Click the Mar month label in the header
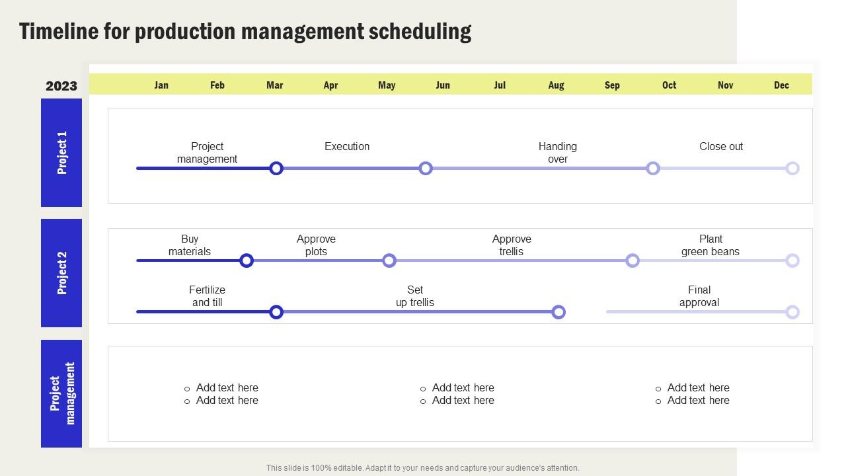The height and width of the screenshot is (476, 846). (x=274, y=85)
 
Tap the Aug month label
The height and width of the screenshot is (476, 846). (x=556, y=85)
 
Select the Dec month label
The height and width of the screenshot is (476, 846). (x=781, y=85)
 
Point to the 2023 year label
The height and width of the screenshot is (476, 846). (x=61, y=86)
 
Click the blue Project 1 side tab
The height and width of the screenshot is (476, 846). (x=61, y=153)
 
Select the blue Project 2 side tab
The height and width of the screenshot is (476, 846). (x=61, y=273)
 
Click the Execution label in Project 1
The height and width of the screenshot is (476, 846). (x=347, y=146)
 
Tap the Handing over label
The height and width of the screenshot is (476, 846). (x=557, y=153)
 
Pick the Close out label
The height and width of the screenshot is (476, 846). (x=721, y=146)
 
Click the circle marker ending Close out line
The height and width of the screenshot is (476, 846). (x=792, y=169)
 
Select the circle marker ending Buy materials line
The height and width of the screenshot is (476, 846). (x=247, y=260)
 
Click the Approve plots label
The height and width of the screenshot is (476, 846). (x=316, y=245)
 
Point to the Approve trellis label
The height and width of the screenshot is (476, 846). (x=512, y=245)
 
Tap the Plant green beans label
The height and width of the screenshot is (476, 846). (x=711, y=245)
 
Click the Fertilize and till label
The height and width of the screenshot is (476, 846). (x=207, y=296)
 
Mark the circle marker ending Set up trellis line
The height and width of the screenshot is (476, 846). (x=558, y=312)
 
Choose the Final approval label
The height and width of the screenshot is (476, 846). (x=699, y=296)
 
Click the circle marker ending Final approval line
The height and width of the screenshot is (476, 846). (x=792, y=312)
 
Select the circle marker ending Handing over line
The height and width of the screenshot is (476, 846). (x=653, y=169)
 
